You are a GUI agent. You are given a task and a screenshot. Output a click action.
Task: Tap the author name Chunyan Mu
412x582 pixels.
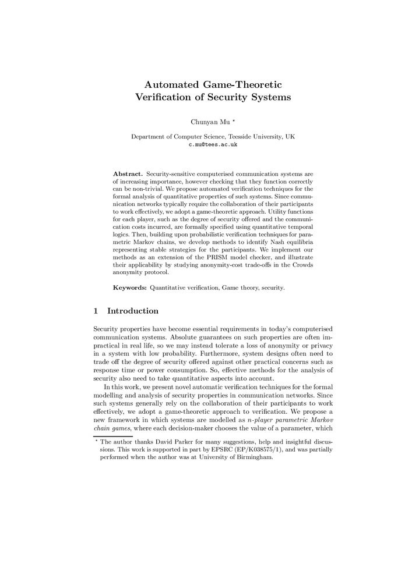pyautogui.click(x=204, y=122)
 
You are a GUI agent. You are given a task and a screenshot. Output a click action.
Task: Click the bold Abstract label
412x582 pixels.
pyautogui.click(x=128, y=174)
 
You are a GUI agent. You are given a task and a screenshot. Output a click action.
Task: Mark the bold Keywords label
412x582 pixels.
pyautogui.click(x=129, y=288)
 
